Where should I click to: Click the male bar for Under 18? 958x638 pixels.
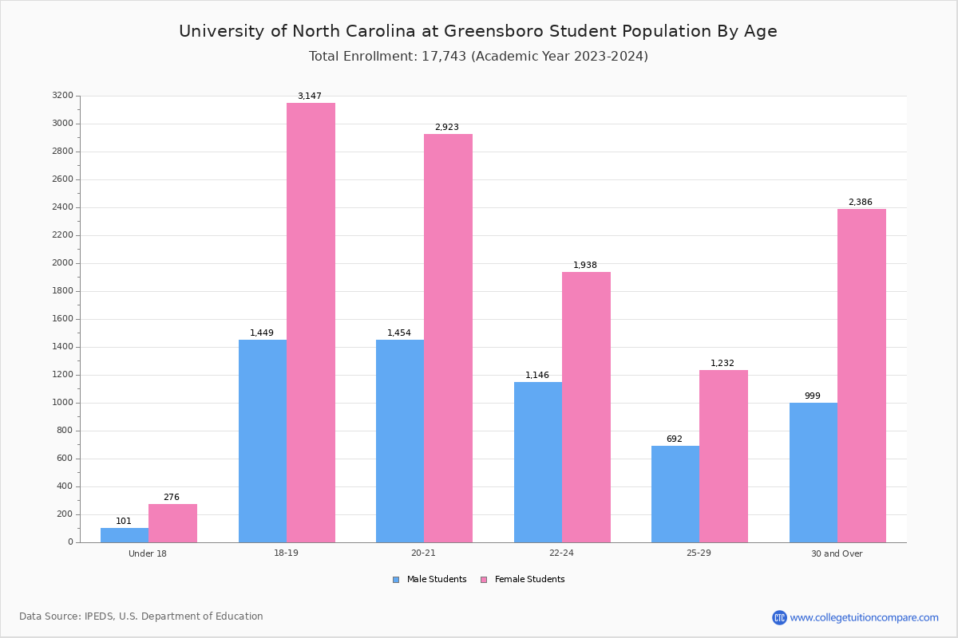click(125, 535)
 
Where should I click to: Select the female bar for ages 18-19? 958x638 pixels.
click(311, 323)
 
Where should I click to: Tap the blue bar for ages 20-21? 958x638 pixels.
click(400, 441)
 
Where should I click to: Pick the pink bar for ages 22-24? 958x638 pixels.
click(586, 407)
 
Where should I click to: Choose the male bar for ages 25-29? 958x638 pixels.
click(675, 494)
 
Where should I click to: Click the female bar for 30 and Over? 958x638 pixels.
click(861, 376)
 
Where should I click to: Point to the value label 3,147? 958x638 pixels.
click(310, 96)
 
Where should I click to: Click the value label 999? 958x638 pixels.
click(813, 396)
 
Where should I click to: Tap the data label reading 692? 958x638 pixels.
click(675, 439)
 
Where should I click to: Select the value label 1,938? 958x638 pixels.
click(585, 266)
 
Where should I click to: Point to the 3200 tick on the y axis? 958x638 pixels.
click(62, 96)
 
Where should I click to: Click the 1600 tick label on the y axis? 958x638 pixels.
click(62, 319)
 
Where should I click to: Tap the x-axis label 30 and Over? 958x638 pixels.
click(837, 553)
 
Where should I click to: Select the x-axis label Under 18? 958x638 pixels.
click(148, 553)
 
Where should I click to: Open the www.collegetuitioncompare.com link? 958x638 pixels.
click(864, 617)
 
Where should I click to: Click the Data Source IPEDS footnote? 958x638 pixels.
click(141, 616)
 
